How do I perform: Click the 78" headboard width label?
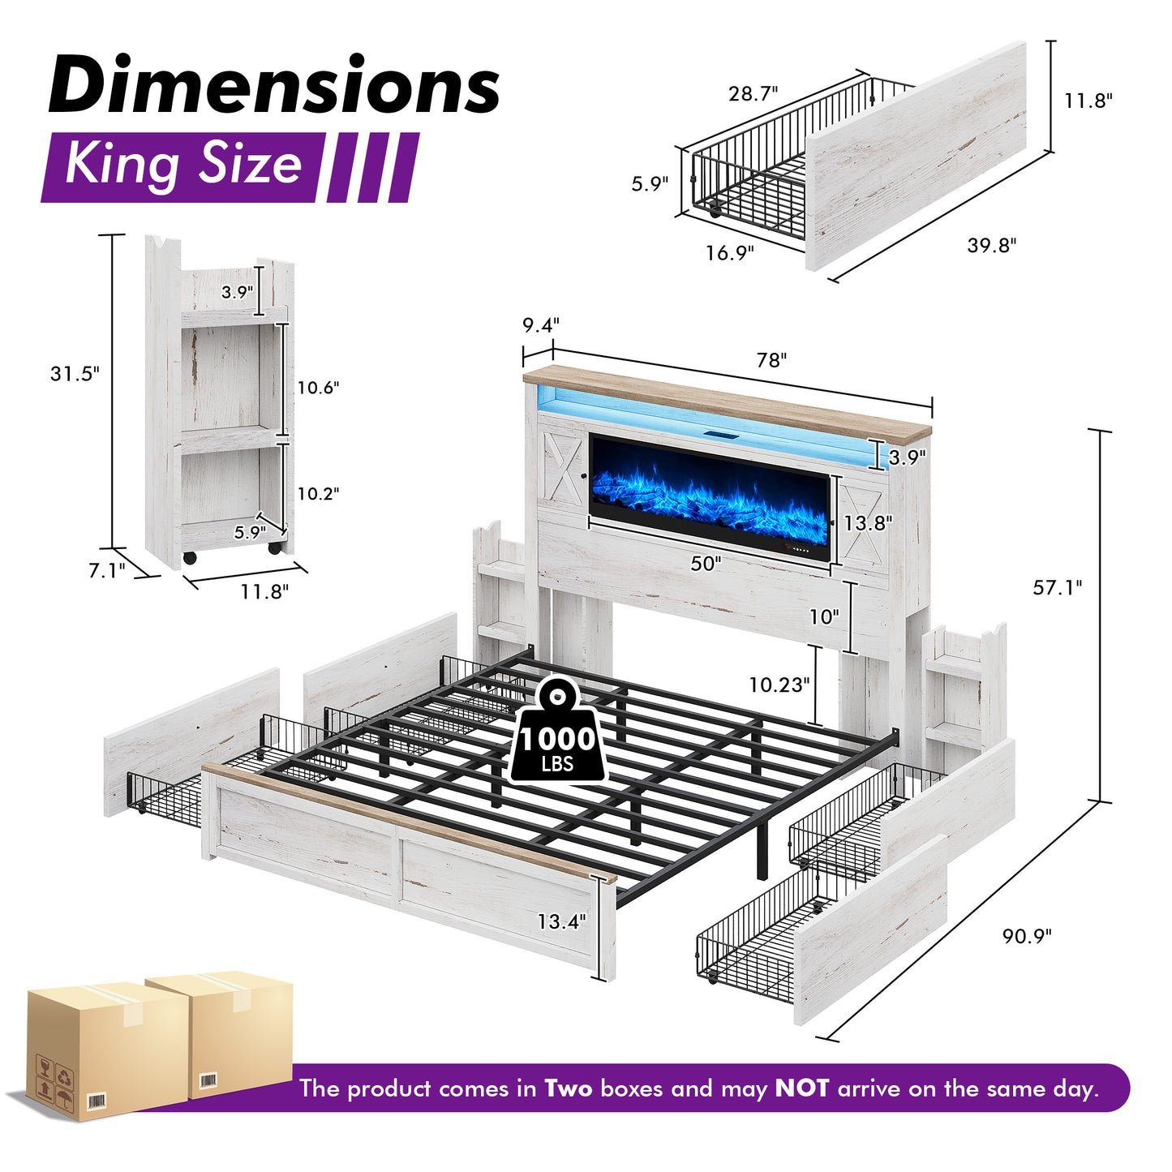pos(771,360)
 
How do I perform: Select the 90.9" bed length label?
pos(1026,935)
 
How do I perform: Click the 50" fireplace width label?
pos(706,563)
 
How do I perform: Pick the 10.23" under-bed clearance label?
pos(779,685)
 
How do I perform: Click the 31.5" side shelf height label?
pos(74,373)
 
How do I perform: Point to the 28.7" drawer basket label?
pos(753,93)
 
